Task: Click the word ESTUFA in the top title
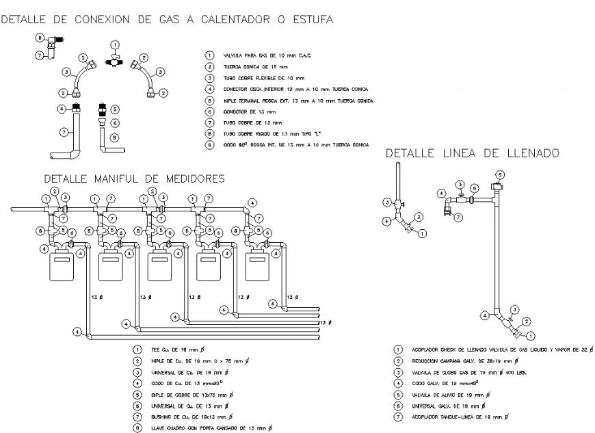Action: click(313, 20)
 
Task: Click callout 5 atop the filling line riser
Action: click(500, 175)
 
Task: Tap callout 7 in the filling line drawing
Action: click(459, 218)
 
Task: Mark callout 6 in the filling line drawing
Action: click(475, 187)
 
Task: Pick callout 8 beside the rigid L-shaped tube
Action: click(115, 137)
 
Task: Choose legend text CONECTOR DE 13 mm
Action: click(250, 111)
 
